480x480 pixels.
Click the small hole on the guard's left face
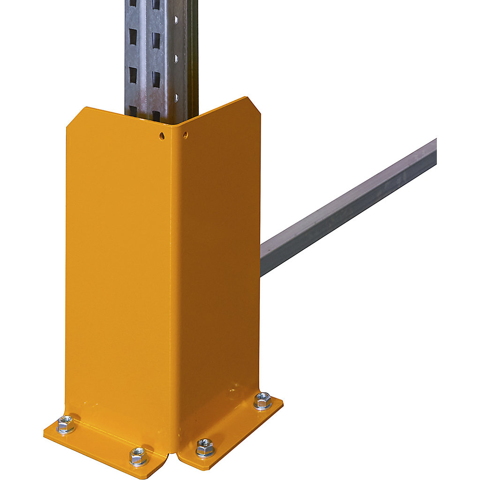coord(162,136)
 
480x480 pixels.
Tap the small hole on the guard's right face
coord(185,135)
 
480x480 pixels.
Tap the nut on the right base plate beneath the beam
coord(262,401)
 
